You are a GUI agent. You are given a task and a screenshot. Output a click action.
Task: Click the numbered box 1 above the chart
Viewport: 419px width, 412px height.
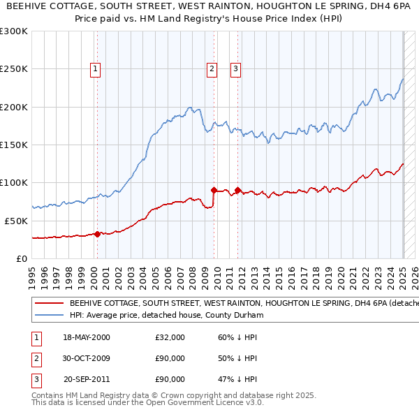click(94, 68)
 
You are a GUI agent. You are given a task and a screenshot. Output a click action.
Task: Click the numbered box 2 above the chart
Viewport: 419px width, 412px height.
click(211, 68)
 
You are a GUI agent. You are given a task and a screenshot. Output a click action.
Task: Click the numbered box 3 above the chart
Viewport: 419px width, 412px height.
click(236, 68)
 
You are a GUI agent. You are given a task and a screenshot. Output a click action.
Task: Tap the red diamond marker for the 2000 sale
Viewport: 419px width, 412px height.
click(97, 234)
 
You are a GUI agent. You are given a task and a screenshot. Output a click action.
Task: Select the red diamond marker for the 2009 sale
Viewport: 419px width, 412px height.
click(214, 189)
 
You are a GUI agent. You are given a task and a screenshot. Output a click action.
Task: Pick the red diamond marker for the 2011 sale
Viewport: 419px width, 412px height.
click(238, 190)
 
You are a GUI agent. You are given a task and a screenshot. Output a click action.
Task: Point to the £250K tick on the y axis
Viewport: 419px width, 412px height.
click(13, 69)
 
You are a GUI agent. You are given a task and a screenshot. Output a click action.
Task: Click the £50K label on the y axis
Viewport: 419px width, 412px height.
click(16, 221)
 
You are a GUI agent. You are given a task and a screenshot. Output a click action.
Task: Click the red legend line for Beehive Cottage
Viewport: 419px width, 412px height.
click(49, 304)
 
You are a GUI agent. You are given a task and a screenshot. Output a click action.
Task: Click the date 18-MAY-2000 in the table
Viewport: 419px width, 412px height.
click(87, 337)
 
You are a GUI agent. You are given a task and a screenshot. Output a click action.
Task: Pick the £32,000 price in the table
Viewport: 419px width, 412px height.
click(170, 337)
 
